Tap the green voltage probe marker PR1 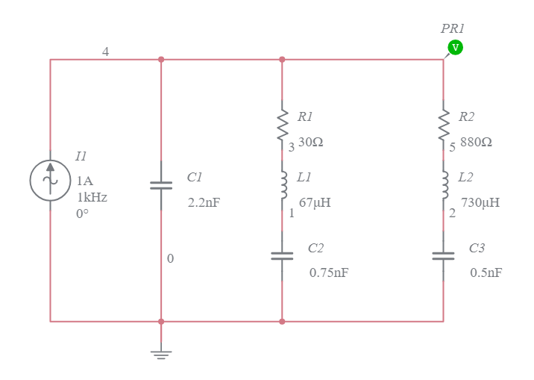454,48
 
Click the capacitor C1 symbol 161,184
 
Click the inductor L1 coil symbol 282,186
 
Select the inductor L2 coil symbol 444,186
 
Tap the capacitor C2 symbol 282,255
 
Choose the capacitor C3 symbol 444,255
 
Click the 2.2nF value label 204,202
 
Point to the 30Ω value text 310,142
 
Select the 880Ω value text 476,142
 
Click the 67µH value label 315,202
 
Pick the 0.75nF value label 328,272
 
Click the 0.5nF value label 486,272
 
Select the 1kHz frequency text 92,197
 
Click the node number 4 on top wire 105,52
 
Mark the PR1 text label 453,28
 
